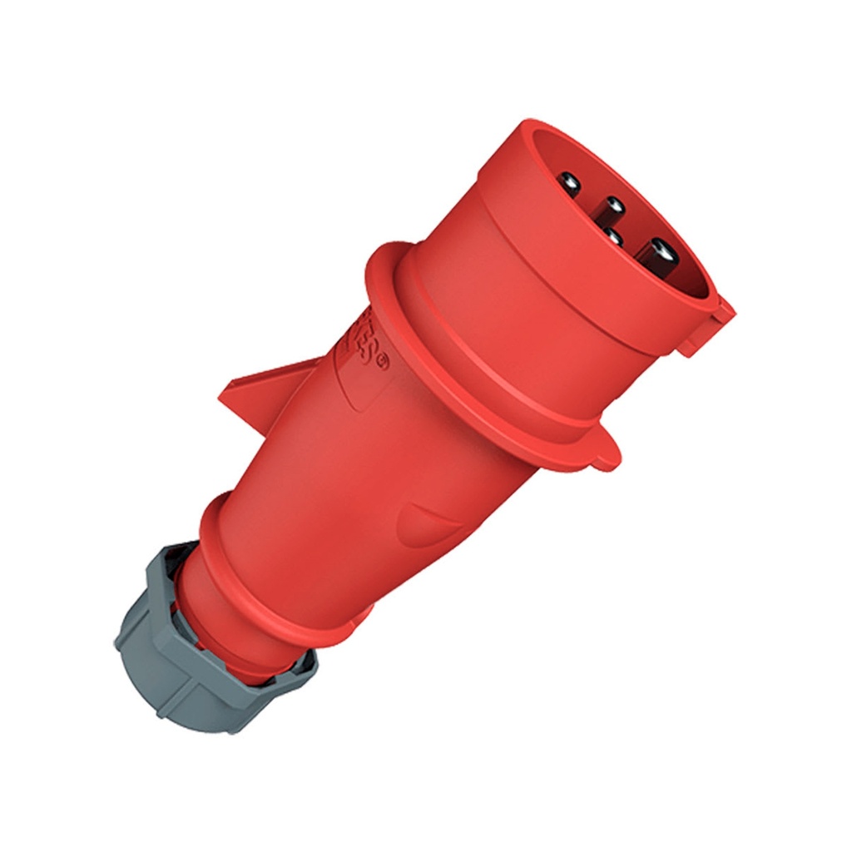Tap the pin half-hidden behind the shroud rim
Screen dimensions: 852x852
tap(613, 237)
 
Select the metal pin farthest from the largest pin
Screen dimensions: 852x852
tap(569, 181)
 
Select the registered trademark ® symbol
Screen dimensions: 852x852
tap(382, 362)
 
